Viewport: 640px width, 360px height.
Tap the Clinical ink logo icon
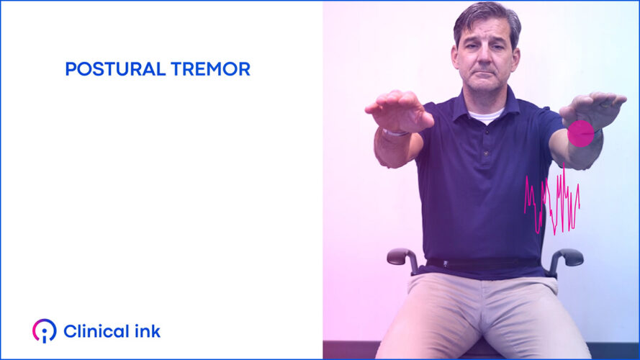click(44, 331)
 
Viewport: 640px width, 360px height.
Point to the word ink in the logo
click(146, 331)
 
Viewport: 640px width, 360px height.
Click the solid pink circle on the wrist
click(580, 133)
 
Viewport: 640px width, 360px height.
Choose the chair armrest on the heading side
click(401, 256)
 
